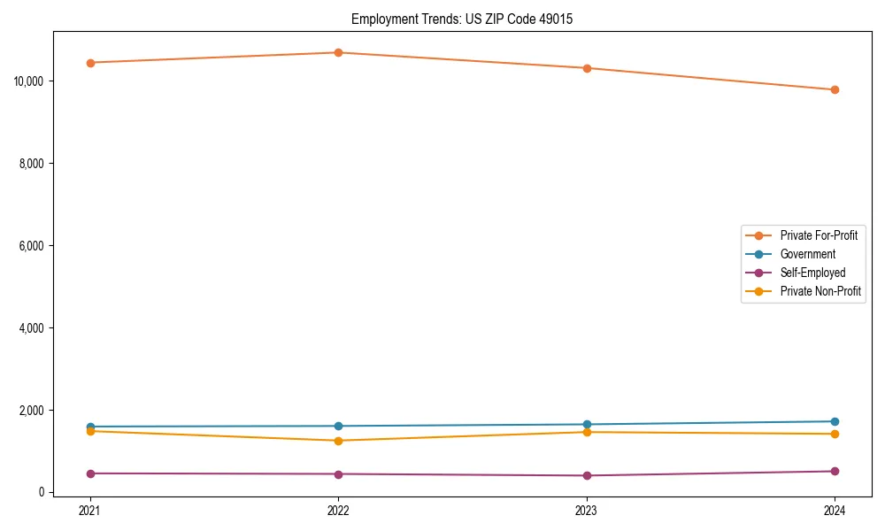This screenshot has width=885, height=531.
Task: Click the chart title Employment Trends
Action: click(462, 19)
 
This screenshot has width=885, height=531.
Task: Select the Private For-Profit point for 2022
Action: click(338, 52)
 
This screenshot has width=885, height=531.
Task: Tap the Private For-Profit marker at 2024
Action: click(835, 89)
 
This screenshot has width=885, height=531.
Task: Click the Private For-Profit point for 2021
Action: click(90, 63)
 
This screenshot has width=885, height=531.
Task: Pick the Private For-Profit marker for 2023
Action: click(587, 68)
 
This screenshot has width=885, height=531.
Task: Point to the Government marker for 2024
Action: click(835, 421)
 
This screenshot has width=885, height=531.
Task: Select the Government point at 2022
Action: click(338, 426)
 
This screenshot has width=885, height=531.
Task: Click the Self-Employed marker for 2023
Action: click(587, 475)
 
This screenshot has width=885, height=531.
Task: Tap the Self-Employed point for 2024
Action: click(835, 471)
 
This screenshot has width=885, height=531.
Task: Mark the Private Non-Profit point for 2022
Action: click(338, 441)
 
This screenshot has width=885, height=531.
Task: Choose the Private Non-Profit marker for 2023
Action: click(587, 432)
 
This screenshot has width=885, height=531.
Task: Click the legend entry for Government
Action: click(807, 254)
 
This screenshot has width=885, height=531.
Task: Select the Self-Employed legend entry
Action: click(812, 273)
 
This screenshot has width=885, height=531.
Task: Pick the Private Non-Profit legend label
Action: click(820, 291)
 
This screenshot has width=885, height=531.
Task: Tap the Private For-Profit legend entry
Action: click(819, 235)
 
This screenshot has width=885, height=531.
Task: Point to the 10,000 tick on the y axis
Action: click(29, 81)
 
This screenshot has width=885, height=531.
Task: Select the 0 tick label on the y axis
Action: click(42, 493)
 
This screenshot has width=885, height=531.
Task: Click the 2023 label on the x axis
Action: click(587, 510)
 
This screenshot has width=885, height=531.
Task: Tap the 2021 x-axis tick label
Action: click(90, 510)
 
